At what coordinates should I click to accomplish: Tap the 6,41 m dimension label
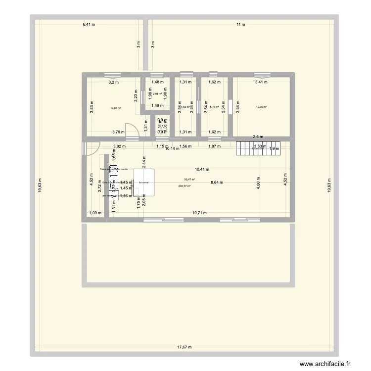coord(89,24)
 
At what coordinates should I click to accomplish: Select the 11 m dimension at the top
coord(241,24)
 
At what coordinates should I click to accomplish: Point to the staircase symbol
coord(258,146)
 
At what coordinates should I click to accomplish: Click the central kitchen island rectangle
coord(143,183)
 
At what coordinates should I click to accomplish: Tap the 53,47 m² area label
coord(189,180)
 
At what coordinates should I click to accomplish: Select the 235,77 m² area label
coord(185,186)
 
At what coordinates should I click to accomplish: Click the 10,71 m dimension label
coord(199,213)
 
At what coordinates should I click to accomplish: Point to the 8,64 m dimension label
coord(217,183)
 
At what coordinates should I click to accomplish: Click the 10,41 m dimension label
coord(201,169)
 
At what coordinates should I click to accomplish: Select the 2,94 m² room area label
coord(157,93)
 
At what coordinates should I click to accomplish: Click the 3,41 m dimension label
coord(262,83)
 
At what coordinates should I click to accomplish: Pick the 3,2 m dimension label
coord(114,83)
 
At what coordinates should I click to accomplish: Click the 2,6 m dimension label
coord(258,137)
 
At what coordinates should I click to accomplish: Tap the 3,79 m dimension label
coord(118,132)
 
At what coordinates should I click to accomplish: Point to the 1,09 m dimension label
coord(95,213)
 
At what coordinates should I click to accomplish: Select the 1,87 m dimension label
coord(214,146)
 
